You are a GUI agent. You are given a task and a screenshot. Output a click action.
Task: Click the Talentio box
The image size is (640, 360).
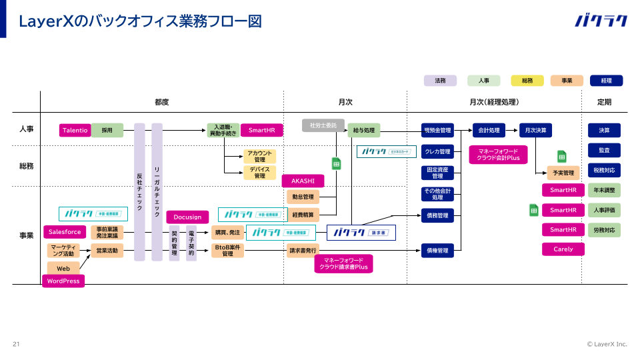(x=75, y=131)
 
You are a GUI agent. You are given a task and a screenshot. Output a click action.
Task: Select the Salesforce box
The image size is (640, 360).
(x=65, y=232)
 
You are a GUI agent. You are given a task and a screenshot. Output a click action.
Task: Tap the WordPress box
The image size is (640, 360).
(x=63, y=281)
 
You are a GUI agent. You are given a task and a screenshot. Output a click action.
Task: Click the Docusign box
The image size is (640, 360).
(x=187, y=217)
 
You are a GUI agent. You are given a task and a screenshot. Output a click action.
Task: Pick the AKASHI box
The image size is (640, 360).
(x=303, y=181)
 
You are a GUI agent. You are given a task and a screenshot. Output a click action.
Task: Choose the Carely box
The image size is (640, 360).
(x=563, y=249)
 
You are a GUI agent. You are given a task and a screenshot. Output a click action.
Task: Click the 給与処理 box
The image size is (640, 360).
(x=364, y=130)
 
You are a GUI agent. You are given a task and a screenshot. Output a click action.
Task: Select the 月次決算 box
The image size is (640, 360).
(x=535, y=130)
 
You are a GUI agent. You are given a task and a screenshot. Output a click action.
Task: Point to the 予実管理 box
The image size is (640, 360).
(x=563, y=173)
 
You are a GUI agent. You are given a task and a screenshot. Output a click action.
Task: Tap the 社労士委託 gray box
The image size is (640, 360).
(x=324, y=125)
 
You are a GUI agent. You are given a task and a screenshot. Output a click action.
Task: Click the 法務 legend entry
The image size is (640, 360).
(x=440, y=81)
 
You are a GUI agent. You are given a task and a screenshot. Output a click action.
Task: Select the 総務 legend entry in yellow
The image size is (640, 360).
(x=527, y=81)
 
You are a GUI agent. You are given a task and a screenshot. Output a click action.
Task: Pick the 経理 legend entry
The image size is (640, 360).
(x=606, y=81)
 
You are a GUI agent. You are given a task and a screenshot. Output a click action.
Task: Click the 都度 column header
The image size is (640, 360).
(x=162, y=102)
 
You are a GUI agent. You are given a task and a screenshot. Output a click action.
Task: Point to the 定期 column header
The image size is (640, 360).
(x=604, y=102)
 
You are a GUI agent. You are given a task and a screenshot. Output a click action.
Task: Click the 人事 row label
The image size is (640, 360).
(x=27, y=129)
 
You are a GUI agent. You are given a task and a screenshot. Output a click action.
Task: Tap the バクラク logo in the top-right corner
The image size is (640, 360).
(x=601, y=21)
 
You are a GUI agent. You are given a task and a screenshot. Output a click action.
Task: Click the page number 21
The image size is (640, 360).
(x=16, y=344)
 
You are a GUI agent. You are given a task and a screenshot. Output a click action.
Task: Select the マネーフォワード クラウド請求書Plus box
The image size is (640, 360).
(x=343, y=264)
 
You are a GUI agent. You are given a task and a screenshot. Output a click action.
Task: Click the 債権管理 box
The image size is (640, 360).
(x=437, y=251)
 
